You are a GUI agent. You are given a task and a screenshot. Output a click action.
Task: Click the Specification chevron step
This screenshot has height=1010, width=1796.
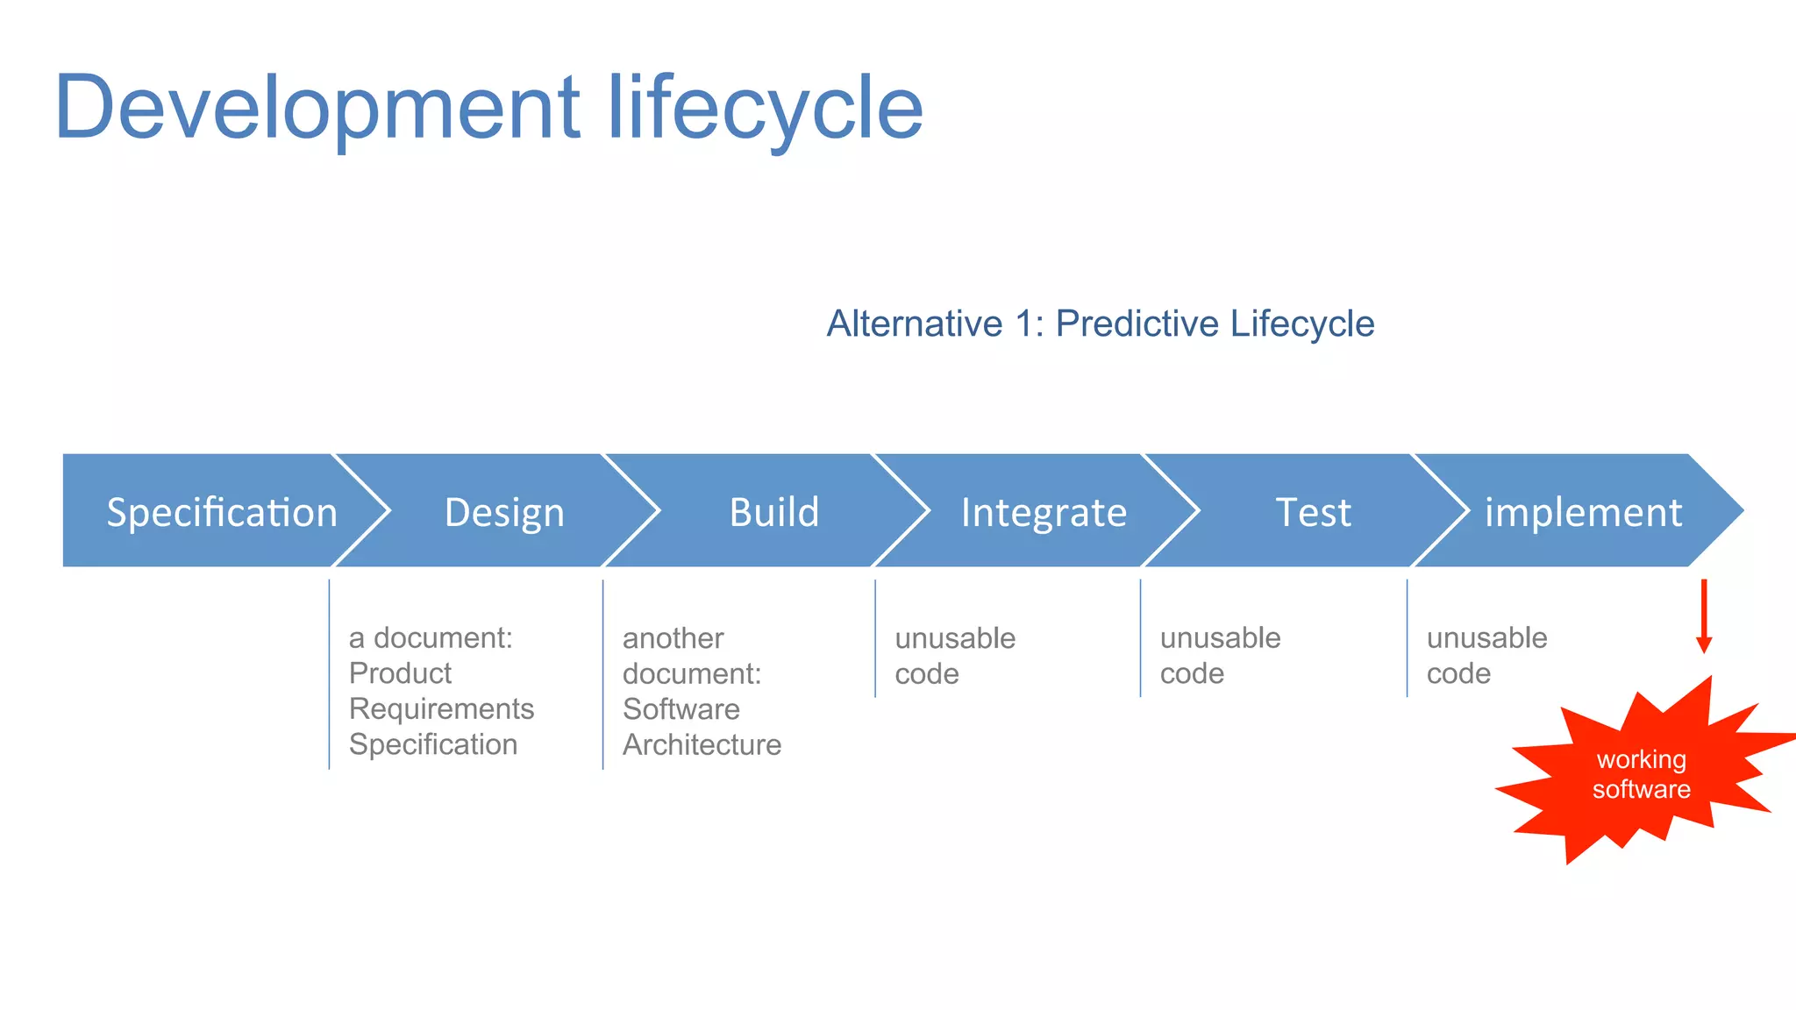point(221,512)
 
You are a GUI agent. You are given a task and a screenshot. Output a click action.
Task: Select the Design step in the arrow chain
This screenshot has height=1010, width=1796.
point(504,512)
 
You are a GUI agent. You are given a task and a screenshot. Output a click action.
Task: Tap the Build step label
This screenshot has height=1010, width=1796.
point(773,512)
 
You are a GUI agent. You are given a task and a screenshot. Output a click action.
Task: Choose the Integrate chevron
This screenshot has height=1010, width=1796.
point(1044,512)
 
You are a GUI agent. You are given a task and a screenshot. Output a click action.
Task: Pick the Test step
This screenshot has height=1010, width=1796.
point(1313,512)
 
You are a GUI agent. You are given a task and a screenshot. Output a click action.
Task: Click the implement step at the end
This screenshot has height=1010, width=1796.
point(1583,512)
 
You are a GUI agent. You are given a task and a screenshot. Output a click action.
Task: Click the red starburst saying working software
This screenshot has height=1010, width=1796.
point(1641,774)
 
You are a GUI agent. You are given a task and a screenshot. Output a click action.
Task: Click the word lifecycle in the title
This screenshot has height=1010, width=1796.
point(765,108)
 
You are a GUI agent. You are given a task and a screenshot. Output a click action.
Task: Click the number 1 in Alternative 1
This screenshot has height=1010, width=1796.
point(1023,324)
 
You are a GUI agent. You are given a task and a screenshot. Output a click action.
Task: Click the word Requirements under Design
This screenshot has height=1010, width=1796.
point(441,708)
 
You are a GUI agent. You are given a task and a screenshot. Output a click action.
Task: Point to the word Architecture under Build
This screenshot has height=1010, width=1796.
point(702,744)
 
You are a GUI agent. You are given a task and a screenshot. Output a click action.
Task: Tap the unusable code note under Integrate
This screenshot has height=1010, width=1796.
point(954,656)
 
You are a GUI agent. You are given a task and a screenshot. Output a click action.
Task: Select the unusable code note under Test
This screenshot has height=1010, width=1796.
point(1220,655)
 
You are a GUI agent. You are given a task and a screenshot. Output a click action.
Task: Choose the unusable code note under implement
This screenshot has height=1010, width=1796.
point(1486,655)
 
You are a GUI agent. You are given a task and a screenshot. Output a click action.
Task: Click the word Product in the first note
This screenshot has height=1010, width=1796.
point(400,673)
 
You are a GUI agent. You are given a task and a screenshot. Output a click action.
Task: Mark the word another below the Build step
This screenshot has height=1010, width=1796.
point(673,638)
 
